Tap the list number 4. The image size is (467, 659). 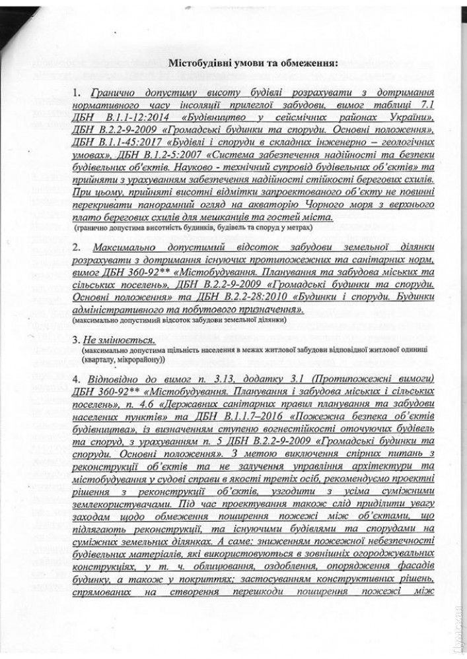78,379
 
